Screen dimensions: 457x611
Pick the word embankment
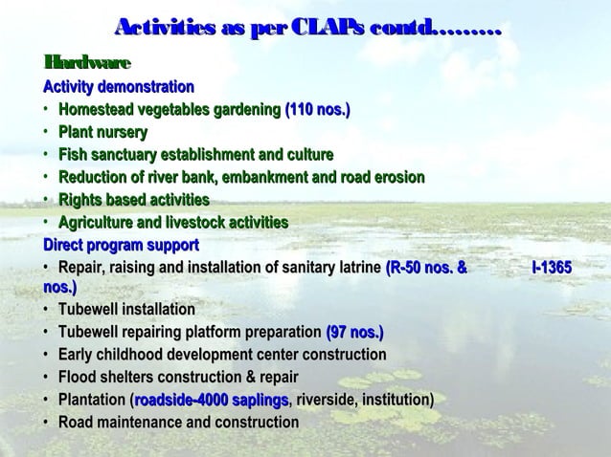[x=282, y=177]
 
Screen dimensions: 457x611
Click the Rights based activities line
[x=133, y=200]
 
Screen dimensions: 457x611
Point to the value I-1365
[x=552, y=268]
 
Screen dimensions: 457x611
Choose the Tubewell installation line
[x=126, y=310]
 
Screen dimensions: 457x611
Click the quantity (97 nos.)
[x=355, y=333]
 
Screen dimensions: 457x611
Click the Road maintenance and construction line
[x=178, y=422]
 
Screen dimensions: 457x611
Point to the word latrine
[x=353, y=268]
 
